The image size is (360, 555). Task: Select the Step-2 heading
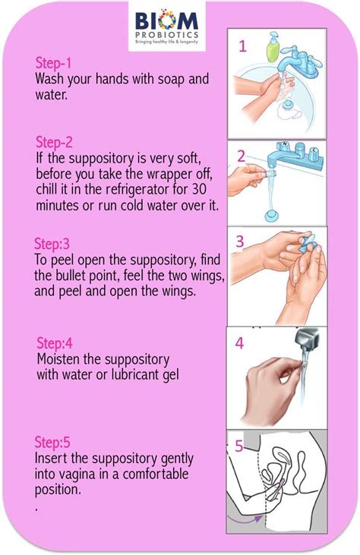pos(55,142)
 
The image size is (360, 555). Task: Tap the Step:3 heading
pos(52,244)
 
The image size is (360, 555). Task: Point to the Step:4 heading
pos(55,344)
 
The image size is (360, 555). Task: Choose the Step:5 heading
pos(54,442)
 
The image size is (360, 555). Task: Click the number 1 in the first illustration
pos(243,46)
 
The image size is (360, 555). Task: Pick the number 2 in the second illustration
pos(241,157)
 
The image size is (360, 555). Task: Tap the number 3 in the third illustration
pos(239,242)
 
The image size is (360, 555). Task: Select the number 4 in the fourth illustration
pos(239,343)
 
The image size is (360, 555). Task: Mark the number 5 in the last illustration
pos(238,446)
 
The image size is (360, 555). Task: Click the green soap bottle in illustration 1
pos(272,47)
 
